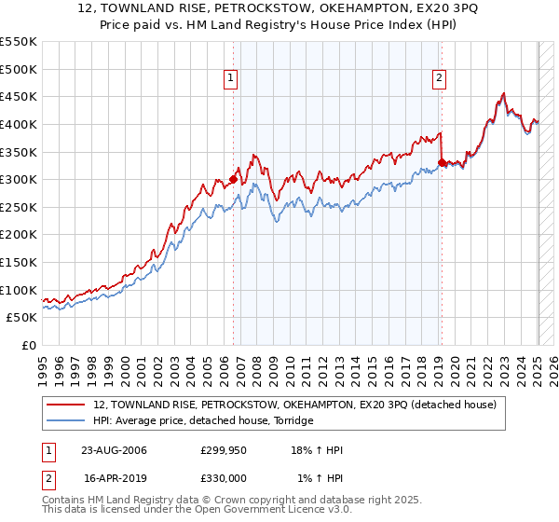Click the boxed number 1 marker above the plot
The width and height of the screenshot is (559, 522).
(x=229, y=79)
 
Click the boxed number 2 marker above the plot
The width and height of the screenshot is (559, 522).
(x=438, y=79)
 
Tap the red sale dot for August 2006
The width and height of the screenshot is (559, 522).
(x=233, y=179)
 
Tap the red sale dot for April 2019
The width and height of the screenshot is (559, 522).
(x=442, y=162)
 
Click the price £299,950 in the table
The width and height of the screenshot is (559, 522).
(x=224, y=450)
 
